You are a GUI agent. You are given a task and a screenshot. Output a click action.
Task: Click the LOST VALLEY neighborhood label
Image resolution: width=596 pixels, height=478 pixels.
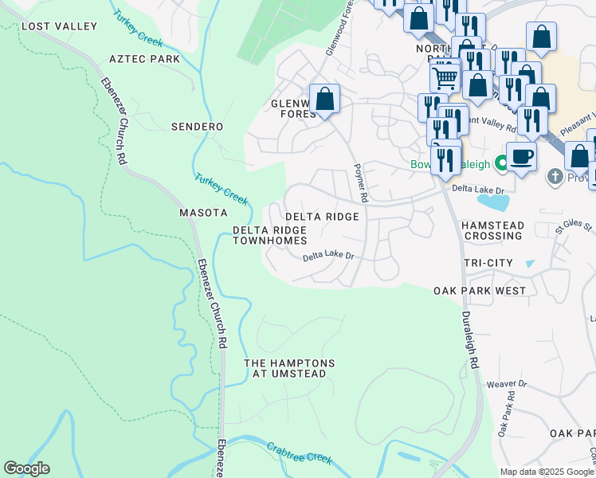pyautogui.click(x=59, y=26)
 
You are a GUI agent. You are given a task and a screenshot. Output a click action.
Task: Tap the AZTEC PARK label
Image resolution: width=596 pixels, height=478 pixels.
pyautogui.click(x=144, y=59)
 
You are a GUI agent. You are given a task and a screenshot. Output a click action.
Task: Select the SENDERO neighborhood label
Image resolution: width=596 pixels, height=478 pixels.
pyautogui.click(x=197, y=127)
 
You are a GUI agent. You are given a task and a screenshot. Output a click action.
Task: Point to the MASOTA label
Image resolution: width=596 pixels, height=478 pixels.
pyautogui.click(x=203, y=213)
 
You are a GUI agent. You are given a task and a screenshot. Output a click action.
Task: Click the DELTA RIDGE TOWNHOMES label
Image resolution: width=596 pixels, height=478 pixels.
pyautogui.click(x=269, y=235)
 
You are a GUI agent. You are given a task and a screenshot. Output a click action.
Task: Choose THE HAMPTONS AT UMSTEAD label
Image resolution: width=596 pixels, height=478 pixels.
pyautogui.click(x=289, y=368)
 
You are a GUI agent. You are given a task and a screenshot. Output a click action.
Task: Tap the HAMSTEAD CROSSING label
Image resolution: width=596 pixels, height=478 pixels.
pyautogui.click(x=493, y=231)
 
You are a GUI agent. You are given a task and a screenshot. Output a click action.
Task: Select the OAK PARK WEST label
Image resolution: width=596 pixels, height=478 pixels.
pyautogui.click(x=480, y=291)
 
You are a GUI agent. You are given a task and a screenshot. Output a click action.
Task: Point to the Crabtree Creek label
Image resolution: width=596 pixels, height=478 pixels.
pyautogui.click(x=299, y=453)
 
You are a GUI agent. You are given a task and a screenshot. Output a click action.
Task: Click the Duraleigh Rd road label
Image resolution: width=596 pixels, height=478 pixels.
pyautogui.click(x=470, y=339)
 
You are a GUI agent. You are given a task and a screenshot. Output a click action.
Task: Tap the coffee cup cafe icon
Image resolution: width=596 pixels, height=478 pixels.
pyautogui.click(x=521, y=155)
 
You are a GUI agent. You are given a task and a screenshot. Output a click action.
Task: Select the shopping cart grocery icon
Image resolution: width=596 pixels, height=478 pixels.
pyautogui.click(x=445, y=78)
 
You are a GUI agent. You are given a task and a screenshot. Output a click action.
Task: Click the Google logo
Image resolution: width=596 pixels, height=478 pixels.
pyautogui.click(x=26, y=468)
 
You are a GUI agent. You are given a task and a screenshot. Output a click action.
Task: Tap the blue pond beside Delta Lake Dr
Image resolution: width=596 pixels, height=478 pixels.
pyautogui.click(x=489, y=202)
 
